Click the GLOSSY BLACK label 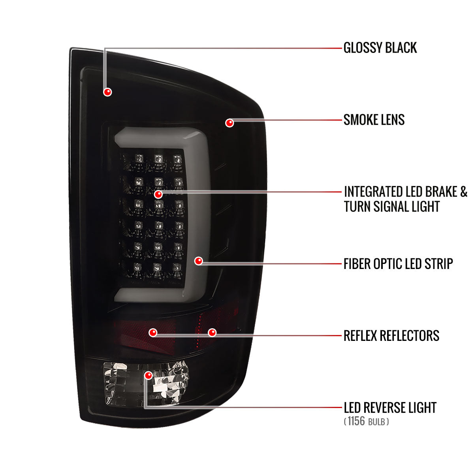[x=380, y=48]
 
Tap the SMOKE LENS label [x=374, y=120]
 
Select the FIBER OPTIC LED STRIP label [x=398, y=264]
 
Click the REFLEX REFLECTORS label [x=391, y=336]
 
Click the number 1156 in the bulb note [x=356, y=421]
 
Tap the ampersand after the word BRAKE [x=463, y=192]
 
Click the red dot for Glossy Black [x=107, y=92]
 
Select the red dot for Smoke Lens [x=229, y=123]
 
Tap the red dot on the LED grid [x=158, y=195]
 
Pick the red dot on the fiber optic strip [x=199, y=261]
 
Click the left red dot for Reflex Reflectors [x=153, y=333]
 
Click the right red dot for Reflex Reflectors [x=212, y=333]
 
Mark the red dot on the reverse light [x=149, y=375]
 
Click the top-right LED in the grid [x=177, y=160]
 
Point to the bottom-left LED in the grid [x=137, y=267]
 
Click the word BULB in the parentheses [x=376, y=422]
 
